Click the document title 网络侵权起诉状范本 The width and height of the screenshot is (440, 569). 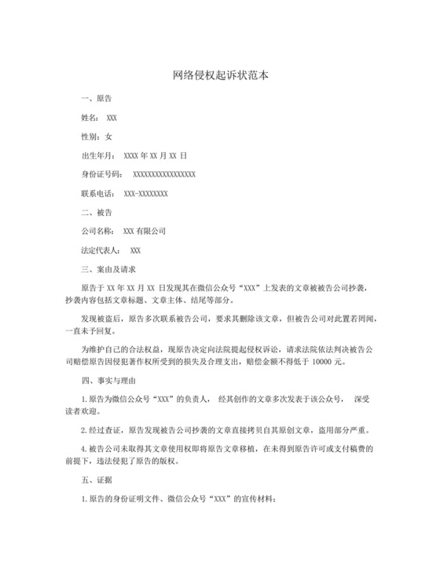coord(220,76)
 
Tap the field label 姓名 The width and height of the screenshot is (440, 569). coord(90,118)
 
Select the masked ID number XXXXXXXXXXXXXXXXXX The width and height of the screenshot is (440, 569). coord(164,174)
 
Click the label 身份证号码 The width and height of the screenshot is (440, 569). coord(101,174)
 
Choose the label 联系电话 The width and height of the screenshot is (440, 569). coord(97,193)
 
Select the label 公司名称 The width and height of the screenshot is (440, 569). coord(97,232)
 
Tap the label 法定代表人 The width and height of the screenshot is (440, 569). coord(101,250)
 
